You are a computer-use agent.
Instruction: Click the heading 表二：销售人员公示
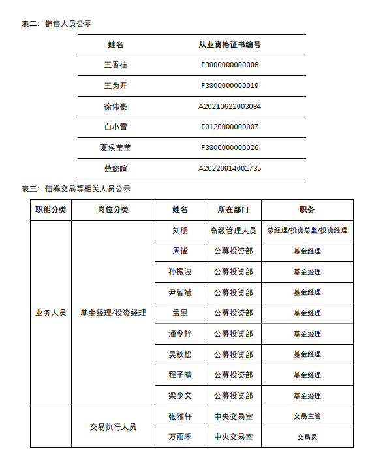(56, 23)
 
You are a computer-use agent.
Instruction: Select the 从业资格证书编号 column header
(230, 44)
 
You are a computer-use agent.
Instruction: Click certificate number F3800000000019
(230, 85)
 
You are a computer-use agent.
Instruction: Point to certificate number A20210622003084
(230, 106)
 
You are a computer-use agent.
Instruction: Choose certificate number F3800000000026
(230, 147)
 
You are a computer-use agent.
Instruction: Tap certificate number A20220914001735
(230, 168)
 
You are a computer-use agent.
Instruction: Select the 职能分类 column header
(50, 210)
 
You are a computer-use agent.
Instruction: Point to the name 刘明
(180, 230)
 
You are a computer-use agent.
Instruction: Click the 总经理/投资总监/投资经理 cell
(307, 230)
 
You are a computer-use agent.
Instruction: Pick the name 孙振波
(180, 271)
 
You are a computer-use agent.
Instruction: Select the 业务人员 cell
(50, 313)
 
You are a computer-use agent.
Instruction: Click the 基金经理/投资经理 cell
(113, 313)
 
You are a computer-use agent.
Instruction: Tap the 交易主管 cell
(307, 416)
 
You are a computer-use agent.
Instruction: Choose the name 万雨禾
(180, 437)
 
